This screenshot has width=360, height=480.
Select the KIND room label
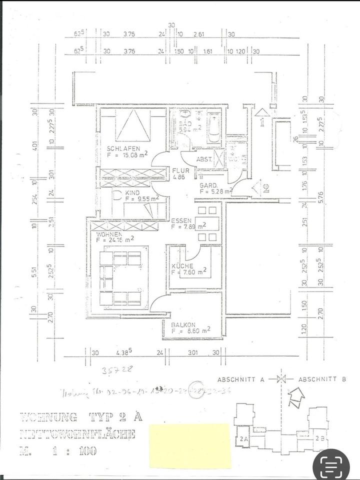point(132,191)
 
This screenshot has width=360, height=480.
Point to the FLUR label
point(178,170)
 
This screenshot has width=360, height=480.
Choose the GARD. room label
point(208,184)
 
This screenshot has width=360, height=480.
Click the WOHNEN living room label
point(109,233)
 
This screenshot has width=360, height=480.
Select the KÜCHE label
point(180,266)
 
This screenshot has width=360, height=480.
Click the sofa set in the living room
point(121,277)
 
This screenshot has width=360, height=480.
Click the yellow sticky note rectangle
point(189,445)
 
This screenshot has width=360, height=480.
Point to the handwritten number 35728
point(113,371)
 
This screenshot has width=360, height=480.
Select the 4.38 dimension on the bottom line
point(123,352)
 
